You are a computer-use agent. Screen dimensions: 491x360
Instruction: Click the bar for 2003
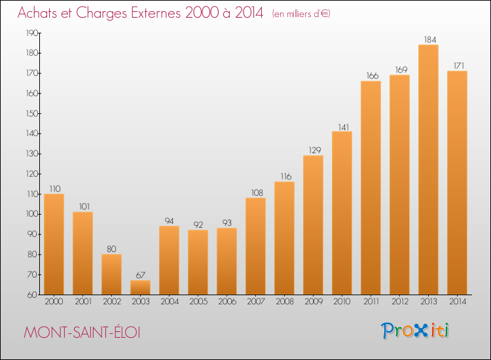[x=140, y=287]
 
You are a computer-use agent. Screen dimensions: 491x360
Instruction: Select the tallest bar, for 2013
[x=428, y=170]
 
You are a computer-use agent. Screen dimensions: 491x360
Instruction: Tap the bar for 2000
[x=54, y=244]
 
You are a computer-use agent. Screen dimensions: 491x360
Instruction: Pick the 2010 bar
[x=342, y=213]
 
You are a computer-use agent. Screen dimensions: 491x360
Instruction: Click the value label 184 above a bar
[x=430, y=40]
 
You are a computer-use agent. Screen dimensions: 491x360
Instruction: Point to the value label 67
[x=141, y=275]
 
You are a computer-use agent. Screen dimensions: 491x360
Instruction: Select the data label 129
[x=315, y=151]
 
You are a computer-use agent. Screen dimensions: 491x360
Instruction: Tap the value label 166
[x=373, y=76]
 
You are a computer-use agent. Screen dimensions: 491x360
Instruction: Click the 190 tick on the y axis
[x=32, y=33]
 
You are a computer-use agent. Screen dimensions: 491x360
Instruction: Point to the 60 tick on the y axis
[x=32, y=295]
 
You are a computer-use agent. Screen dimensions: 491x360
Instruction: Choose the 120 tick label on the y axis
[x=32, y=174]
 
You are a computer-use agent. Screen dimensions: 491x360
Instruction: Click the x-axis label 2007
[x=255, y=302]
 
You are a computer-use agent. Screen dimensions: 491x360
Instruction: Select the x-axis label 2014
[x=458, y=302]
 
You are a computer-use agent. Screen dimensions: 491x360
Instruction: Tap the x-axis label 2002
[x=112, y=302]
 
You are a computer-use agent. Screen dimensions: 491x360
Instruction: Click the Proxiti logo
[x=414, y=331]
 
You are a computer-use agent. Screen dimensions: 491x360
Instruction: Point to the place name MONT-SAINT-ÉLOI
[x=82, y=332]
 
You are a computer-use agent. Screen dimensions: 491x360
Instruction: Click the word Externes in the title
[x=156, y=13]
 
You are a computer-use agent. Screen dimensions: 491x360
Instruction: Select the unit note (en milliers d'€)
[x=301, y=14]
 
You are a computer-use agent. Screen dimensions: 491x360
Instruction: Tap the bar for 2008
[x=284, y=238]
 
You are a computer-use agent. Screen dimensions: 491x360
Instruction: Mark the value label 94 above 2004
[x=169, y=221]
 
